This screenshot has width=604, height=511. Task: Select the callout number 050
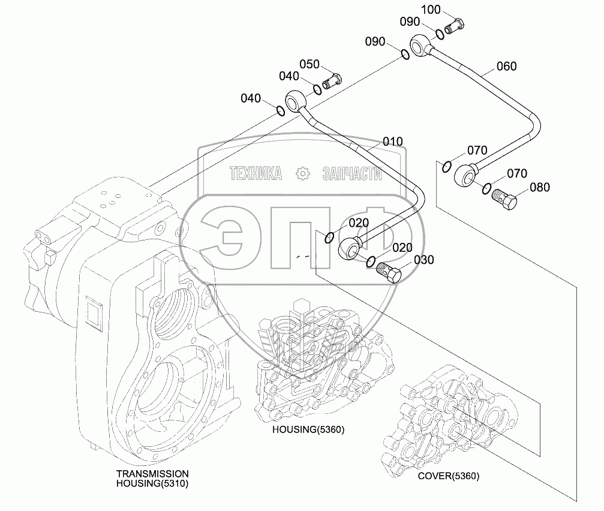coord(310,65)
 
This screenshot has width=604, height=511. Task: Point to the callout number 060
coord(506,66)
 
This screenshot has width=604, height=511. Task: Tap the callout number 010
coord(393,142)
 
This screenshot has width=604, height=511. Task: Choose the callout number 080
coord(539,187)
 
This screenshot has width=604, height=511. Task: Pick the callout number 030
coord(423,260)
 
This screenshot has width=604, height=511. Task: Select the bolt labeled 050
coord(332,80)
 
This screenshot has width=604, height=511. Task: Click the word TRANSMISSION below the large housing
coord(152,473)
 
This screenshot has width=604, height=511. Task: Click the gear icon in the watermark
coord(302,174)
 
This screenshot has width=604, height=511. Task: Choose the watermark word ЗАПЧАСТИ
coord(352,174)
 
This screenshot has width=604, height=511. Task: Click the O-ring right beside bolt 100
coord(440,34)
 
